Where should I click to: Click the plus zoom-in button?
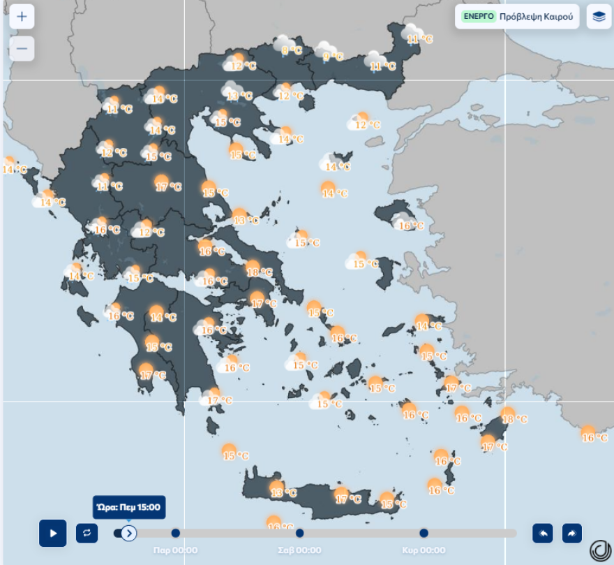[22, 17]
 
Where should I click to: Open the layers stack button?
[599, 16]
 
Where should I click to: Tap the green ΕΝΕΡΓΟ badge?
[479, 16]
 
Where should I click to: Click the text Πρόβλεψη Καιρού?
[539, 16]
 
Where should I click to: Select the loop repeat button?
[87, 533]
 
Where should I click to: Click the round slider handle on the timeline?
[128, 533]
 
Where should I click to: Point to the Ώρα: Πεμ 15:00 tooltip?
[128, 507]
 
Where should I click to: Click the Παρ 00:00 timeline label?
[175, 550]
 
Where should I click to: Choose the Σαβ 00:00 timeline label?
[299, 550]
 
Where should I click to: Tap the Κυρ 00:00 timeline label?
[424, 550]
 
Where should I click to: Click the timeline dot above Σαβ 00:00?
[299, 533]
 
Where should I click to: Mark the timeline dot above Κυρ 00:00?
[424, 533]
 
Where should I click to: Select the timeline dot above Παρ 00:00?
[175, 533]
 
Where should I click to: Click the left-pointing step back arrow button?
[542, 533]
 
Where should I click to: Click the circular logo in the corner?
[599, 550]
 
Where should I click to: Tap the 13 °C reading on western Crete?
[283, 492]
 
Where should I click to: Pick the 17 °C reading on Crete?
[347, 498]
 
